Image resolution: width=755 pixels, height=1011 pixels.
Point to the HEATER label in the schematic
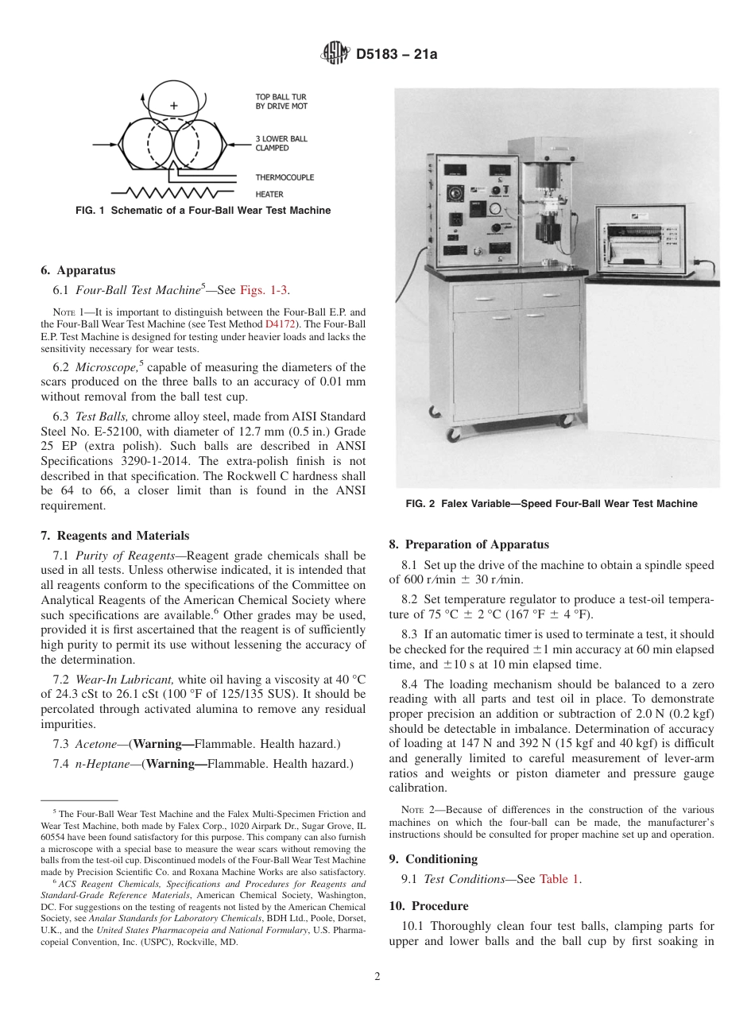click(269, 193)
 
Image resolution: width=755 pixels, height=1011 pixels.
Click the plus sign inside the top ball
click(174, 106)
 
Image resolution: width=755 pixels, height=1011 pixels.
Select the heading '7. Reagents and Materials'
click(114, 536)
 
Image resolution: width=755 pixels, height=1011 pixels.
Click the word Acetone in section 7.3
click(95, 744)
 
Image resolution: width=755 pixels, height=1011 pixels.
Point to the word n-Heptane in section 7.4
click(100, 764)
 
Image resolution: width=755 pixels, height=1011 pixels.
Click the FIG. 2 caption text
click(551, 503)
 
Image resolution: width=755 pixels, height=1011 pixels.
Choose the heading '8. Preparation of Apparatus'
click(468, 544)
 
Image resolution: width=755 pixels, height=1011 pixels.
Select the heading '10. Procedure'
click(428, 906)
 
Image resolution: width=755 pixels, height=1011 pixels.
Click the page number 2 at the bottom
click(377, 977)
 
